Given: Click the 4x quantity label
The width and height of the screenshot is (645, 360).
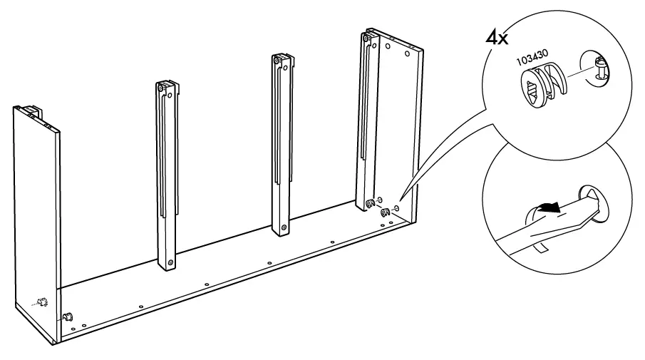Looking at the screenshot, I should [496, 38].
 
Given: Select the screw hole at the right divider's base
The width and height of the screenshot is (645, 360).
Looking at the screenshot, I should [284, 227].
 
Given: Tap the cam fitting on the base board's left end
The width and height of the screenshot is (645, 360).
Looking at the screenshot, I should [69, 315].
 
